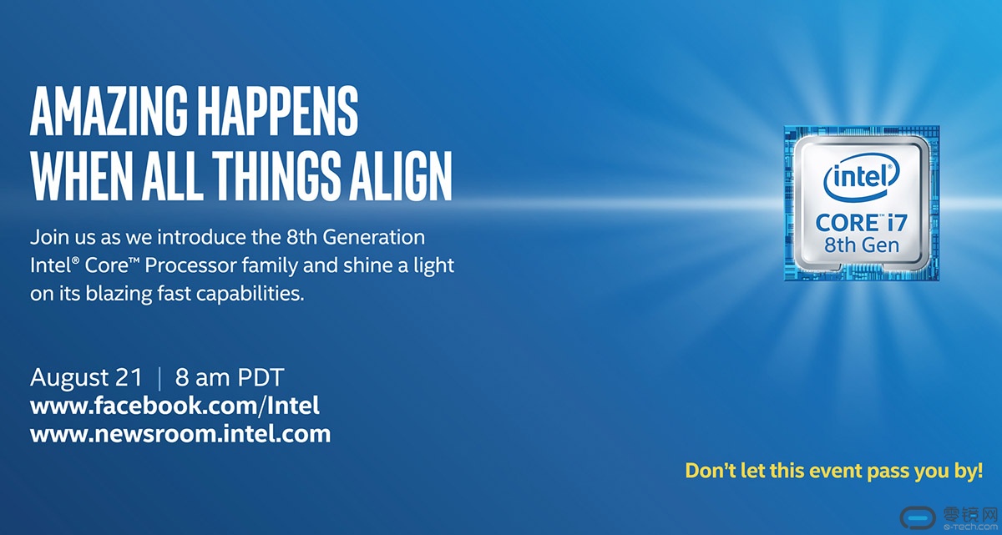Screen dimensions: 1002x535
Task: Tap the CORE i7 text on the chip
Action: click(x=861, y=223)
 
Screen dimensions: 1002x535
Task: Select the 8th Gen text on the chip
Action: click(x=862, y=245)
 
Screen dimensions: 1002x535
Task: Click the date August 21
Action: click(x=86, y=377)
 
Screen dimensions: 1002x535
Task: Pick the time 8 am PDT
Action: click(x=230, y=377)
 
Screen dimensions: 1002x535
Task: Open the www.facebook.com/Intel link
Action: click(x=175, y=406)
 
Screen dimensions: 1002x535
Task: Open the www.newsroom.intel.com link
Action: click(x=180, y=434)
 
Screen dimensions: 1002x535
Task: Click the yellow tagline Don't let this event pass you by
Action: click(x=834, y=471)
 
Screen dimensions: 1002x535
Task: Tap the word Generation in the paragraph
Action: click(x=373, y=237)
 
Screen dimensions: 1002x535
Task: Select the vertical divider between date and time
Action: click(x=159, y=378)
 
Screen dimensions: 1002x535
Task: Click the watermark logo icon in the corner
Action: click(x=918, y=519)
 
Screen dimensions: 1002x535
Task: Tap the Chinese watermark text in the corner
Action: click(x=969, y=514)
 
